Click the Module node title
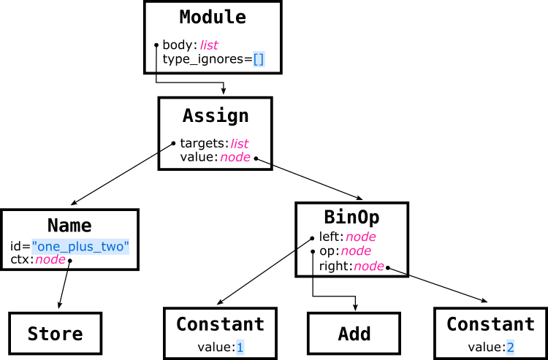(213, 17)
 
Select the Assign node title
(216, 115)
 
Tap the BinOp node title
(351, 217)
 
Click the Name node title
(69, 225)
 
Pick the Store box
(56, 334)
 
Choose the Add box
(354, 334)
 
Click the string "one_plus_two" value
(80, 247)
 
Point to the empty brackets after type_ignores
(259, 59)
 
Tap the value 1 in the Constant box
(240, 348)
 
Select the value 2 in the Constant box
(511, 348)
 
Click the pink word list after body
(209, 45)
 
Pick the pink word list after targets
(240, 144)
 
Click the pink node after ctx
(50, 260)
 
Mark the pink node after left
(360, 237)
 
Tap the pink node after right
(369, 267)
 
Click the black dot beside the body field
(157, 45)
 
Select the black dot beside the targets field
(173, 143)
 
